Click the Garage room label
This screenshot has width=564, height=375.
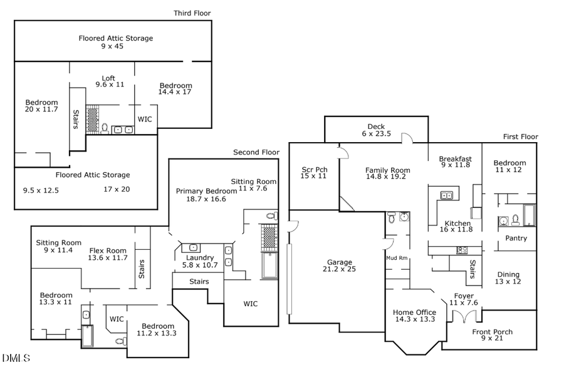339,262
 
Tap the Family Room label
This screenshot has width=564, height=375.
387,170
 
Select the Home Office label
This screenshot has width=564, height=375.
414,312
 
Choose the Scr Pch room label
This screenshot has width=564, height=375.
315,169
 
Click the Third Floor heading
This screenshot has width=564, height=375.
192,13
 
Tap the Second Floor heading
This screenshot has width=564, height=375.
255,152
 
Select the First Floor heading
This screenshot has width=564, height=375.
520,137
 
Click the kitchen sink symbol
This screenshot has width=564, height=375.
447,195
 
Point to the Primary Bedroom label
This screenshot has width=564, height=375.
206,191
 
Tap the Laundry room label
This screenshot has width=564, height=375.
200,257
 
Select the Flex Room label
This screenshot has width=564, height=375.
108,249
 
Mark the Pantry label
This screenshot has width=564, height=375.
516,238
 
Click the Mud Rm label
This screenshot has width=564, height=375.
397,258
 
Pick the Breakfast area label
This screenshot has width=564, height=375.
455,159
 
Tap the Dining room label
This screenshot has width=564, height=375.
508,274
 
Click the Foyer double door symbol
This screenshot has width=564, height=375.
464,317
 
